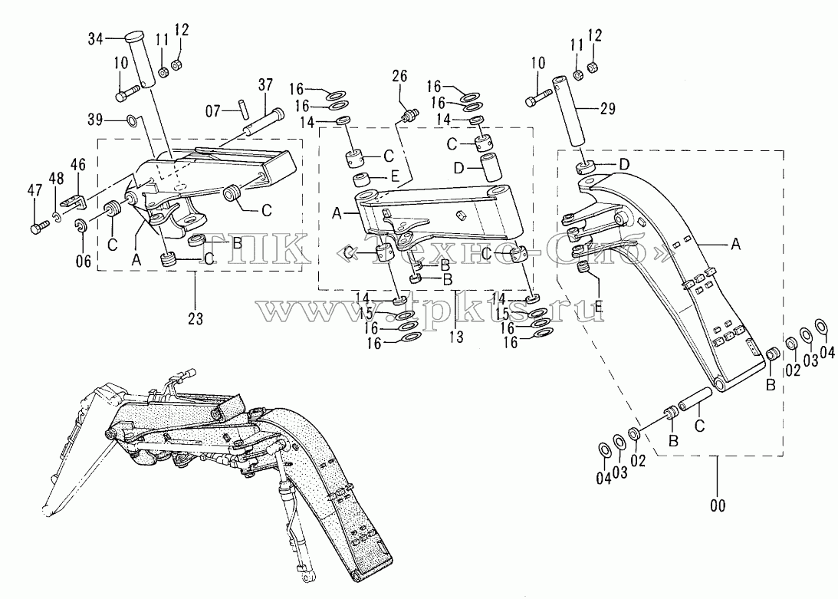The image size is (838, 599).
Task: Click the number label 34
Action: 96,38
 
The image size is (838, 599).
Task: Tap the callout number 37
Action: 265,85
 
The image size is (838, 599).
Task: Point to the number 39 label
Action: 95,120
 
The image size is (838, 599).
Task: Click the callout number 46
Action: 78,164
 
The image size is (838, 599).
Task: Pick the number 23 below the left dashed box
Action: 196,318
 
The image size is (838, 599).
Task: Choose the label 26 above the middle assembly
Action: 399,76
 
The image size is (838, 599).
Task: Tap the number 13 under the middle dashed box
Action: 456,337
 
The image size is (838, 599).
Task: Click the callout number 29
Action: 607,109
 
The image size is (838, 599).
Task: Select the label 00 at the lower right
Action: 717,505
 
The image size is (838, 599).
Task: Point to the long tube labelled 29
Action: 572,112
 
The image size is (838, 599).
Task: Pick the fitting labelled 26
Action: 410,114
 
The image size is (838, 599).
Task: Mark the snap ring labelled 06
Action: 81,225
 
